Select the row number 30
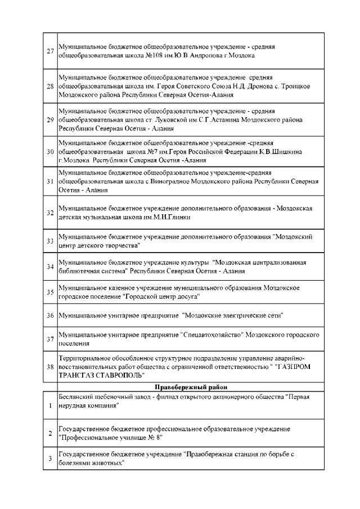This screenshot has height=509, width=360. (x=50, y=152)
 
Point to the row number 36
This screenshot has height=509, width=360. (x=50, y=315)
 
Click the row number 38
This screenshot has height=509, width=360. (x=50, y=366)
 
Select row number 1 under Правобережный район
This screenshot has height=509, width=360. (x=50, y=405)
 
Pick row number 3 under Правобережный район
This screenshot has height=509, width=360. (x=50, y=458)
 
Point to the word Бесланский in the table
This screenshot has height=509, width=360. (x=77, y=396)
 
